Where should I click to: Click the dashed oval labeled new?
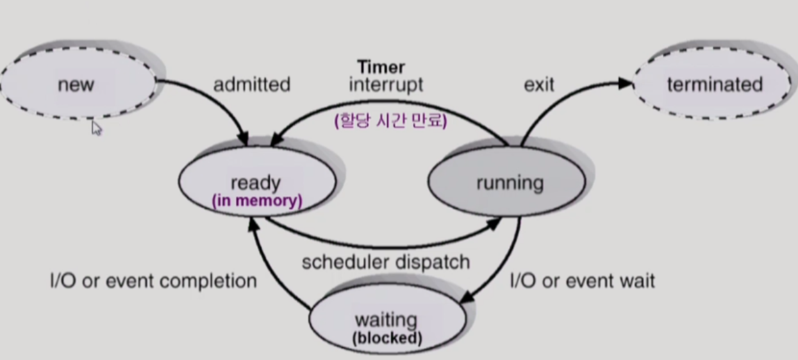[x=77, y=84]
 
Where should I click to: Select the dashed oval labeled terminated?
[x=713, y=84]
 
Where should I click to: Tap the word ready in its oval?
[x=255, y=183]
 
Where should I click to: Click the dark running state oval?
[x=506, y=183]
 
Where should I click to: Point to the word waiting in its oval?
[x=386, y=319]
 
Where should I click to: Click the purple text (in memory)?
[x=256, y=200]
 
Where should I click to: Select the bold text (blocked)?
[x=387, y=338]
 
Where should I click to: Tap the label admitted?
[x=251, y=84]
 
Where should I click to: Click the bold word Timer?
[x=381, y=67]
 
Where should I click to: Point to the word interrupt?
[x=386, y=85]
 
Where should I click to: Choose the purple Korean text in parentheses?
[x=390, y=121]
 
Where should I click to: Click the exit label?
[x=538, y=84]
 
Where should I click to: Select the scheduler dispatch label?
[x=386, y=261]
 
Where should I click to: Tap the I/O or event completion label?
[x=153, y=281]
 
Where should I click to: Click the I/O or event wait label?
[x=582, y=281]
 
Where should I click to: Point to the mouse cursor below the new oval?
[x=96, y=128]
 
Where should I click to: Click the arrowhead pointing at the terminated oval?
[x=626, y=82]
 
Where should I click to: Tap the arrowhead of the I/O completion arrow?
[x=254, y=221]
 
